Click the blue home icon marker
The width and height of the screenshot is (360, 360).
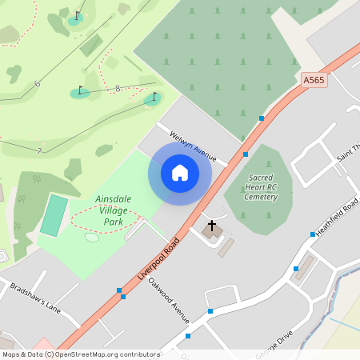(180, 172)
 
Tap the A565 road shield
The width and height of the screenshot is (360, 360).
(314, 80)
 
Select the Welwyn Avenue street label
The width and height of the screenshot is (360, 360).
(194, 145)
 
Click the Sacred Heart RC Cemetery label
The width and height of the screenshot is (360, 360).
(261, 186)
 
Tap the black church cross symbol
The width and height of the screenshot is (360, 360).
(212, 226)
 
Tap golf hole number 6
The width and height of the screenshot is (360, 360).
(37, 83)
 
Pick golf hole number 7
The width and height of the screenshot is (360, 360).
(38, 150)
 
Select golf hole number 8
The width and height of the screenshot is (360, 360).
(118, 89)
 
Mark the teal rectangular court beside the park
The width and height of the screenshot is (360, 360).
(54, 215)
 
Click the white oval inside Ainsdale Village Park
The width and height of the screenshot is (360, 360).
(92, 238)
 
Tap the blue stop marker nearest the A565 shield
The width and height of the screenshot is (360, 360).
(262, 118)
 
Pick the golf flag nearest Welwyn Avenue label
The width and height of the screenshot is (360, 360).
(154, 98)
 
